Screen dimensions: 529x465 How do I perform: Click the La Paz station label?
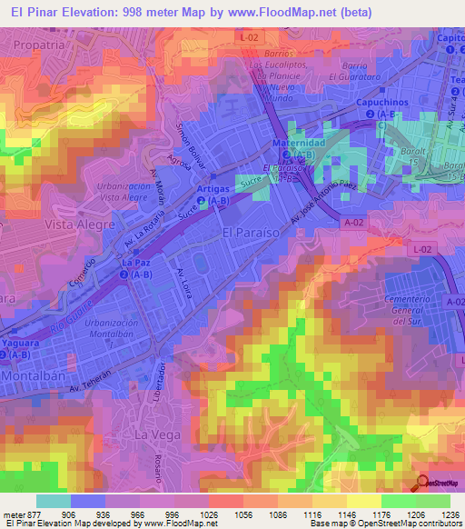click(x=136, y=262)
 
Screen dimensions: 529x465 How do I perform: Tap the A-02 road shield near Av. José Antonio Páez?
click(x=354, y=220)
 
